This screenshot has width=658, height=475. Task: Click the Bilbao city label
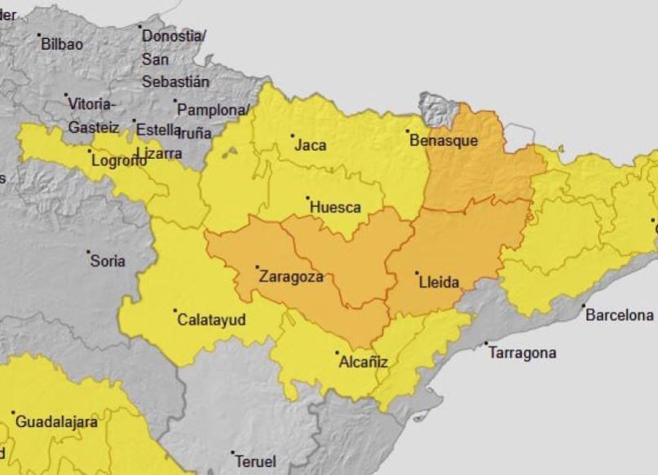coord(62,44)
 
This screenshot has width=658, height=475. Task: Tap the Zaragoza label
coord(291,276)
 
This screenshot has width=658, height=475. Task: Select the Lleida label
coord(439,283)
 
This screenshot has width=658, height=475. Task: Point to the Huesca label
coord(335,208)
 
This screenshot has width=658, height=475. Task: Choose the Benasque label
coord(444,140)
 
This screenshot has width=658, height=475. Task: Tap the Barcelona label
coord(620,314)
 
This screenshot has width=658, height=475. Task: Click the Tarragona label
coord(523,353)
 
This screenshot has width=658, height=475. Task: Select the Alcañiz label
coord(363,362)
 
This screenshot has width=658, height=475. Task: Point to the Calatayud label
coord(211,320)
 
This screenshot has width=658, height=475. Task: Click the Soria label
coord(108,261)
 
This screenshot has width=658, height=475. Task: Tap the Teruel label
coord(255,461)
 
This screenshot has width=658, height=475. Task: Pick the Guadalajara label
coord(57,422)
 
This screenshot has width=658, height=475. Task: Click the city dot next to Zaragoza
coord(257,267)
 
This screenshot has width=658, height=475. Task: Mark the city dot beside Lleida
coord(417,274)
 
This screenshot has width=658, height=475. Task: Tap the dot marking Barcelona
coord(584,306)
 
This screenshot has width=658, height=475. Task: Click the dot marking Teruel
coord(232,453)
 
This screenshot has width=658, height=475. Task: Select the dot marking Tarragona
coord(487,344)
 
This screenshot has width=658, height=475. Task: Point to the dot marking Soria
coord(89,253)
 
